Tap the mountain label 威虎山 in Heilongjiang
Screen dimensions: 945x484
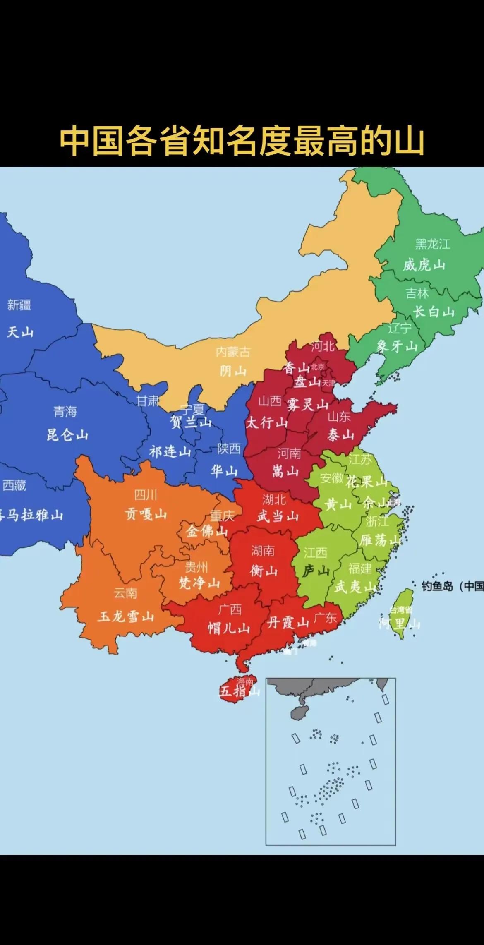[x=424, y=265]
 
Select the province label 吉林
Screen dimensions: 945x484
[x=417, y=293]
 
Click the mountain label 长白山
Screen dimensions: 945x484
[x=434, y=312]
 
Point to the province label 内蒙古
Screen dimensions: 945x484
[x=233, y=352]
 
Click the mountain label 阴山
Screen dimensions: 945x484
[x=233, y=371]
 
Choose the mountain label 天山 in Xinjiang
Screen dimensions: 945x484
[x=20, y=332]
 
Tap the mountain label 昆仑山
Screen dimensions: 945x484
[x=67, y=435]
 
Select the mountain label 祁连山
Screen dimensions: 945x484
[x=170, y=451]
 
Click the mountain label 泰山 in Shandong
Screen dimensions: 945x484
[x=340, y=435]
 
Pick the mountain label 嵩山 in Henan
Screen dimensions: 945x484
[x=285, y=471]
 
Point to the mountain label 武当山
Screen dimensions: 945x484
[x=278, y=516]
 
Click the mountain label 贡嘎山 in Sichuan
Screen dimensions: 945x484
[x=146, y=514]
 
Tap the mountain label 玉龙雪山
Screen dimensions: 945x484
[x=126, y=617]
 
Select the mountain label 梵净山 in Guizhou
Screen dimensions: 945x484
[x=199, y=583]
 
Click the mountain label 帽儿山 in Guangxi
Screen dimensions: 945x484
[x=228, y=628]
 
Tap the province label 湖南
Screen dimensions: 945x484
[x=263, y=551]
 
